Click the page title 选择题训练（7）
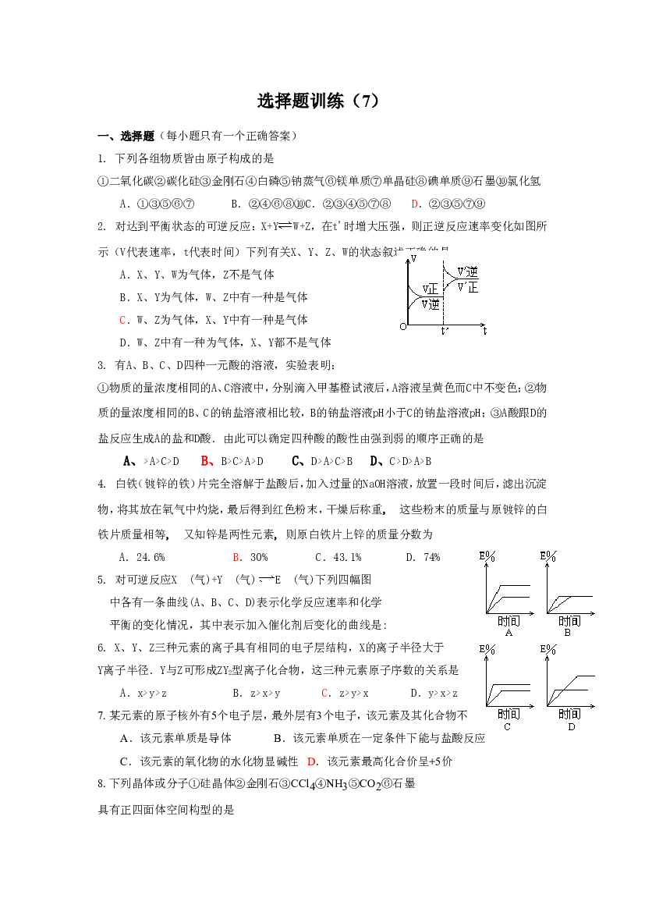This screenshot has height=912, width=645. pos(318,101)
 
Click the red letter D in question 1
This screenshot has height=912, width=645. pos(415,204)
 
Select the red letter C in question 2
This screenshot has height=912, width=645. pos(122,320)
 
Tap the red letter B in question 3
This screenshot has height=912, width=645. pos(206,461)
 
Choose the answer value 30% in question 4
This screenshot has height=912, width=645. pos(259,557)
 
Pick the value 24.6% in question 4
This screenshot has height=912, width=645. pos(151,557)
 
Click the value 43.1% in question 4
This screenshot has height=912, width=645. pos(347,557)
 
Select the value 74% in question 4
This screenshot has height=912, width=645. pos(431,557)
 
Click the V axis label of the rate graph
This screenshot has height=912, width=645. pos(413,258)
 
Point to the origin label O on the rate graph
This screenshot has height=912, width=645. pos(402,326)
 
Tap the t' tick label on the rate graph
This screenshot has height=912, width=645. pos(445,331)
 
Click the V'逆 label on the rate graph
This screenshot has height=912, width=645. pos(467,271)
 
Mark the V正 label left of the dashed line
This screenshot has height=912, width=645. pos(431,289)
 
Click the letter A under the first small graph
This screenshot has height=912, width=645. pos(509,633)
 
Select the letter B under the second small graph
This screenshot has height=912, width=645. pos(569,633)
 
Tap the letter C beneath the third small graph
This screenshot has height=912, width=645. pos(507,727)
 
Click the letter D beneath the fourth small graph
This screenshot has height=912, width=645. pos(572,727)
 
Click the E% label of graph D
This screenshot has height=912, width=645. pos(548,650)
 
